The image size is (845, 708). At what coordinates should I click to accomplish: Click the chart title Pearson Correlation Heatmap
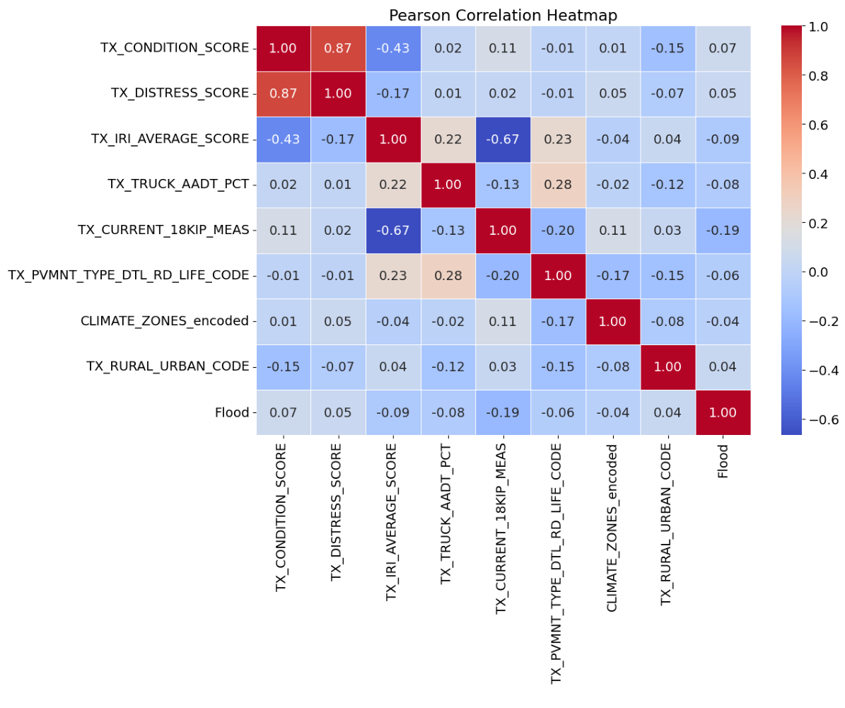tap(503, 16)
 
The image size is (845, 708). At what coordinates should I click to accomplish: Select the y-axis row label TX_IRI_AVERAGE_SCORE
tap(170, 139)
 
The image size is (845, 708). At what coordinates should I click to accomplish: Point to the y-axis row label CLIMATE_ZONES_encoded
tap(165, 321)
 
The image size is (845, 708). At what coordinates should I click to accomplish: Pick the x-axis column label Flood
tap(723, 460)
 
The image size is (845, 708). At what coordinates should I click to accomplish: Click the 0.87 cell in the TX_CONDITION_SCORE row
tap(338, 48)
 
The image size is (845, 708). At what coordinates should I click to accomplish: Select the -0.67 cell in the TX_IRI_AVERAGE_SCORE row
tap(503, 139)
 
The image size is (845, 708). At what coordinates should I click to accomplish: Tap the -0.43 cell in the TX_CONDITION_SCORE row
tap(393, 48)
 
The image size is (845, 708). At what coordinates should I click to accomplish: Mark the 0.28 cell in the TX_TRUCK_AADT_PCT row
tap(558, 185)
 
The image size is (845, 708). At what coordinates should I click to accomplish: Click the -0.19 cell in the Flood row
tap(503, 412)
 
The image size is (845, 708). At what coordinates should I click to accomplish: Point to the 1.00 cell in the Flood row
tap(723, 412)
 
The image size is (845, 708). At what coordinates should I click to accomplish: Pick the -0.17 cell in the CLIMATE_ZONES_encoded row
tap(558, 321)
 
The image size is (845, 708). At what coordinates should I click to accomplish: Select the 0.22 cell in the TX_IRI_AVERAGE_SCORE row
tap(448, 139)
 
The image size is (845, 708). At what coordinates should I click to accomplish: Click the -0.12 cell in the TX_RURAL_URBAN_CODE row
tap(448, 366)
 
